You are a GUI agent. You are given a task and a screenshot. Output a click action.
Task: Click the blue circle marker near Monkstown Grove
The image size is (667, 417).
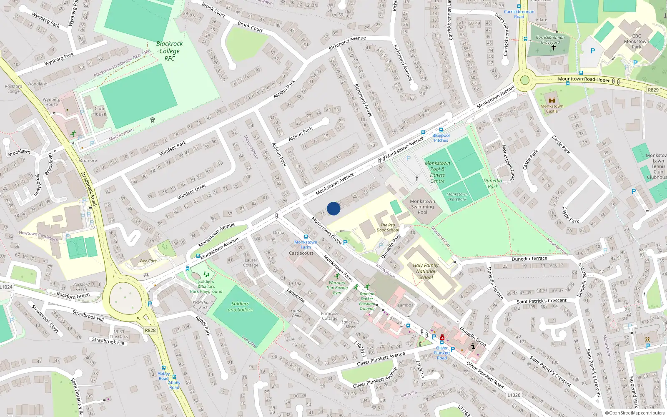333,208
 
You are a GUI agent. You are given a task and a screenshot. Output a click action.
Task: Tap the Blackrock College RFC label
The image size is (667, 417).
169,51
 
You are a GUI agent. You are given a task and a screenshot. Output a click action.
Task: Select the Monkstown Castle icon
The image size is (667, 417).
552,100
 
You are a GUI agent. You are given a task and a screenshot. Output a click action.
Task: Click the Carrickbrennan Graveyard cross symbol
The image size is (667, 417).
554,48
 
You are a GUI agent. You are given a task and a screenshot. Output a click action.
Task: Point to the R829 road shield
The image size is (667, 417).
653,90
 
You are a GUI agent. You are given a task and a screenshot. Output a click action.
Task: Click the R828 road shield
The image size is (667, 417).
150,330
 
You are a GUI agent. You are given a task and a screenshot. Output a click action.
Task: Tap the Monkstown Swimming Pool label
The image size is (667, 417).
422,206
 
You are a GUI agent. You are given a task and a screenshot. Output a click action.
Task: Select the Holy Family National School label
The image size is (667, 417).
425,271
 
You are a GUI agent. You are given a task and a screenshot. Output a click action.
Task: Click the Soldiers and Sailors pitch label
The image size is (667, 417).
240,306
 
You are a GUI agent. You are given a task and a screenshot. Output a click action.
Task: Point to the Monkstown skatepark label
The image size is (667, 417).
457,196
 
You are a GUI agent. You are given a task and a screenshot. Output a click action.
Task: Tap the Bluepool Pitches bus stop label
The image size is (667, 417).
441,138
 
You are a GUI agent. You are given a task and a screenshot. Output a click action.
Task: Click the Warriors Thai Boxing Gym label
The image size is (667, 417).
337,288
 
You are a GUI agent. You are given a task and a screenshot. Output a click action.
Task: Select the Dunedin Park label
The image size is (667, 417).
493,183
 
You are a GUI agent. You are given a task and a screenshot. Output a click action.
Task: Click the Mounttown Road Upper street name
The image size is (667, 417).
584,79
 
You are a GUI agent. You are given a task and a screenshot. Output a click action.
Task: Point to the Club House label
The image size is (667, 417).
99,111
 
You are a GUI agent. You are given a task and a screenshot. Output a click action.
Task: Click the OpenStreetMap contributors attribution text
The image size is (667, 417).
637,413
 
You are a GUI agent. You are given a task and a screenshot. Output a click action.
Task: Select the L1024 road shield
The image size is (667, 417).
6,287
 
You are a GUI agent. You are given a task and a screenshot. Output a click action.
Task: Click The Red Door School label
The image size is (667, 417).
388,227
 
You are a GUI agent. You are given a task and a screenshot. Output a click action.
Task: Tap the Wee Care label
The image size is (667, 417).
148,261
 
